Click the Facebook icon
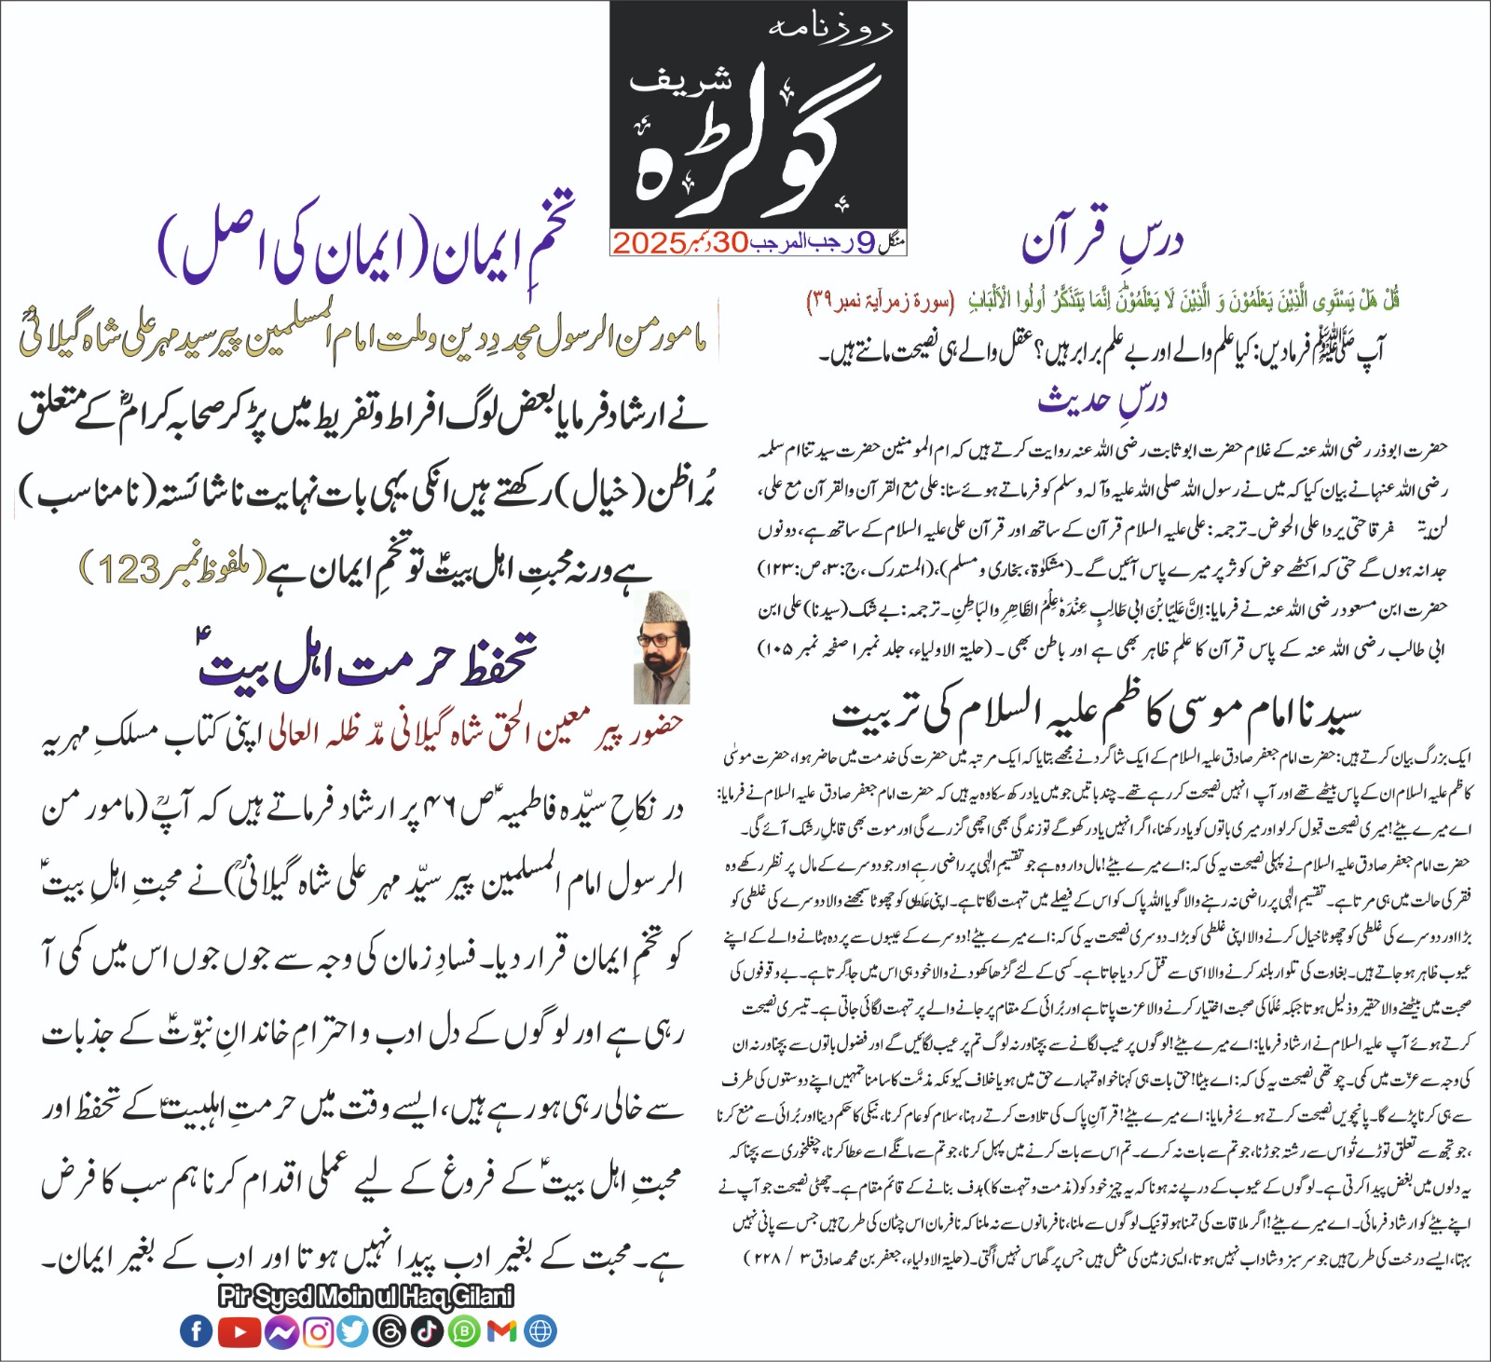point(196,1331)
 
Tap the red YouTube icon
point(239,1331)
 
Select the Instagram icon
point(318,1331)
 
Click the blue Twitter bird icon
point(353,1331)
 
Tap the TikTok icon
point(428,1331)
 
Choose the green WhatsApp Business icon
point(464,1331)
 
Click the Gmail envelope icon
point(501,1331)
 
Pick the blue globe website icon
point(540,1331)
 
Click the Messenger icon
point(280,1331)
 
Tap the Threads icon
point(390,1331)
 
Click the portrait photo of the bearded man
point(663,647)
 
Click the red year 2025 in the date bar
point(649,243)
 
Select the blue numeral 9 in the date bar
point(864,243)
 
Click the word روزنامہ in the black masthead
point(830,28)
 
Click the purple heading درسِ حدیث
point(1102,400)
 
